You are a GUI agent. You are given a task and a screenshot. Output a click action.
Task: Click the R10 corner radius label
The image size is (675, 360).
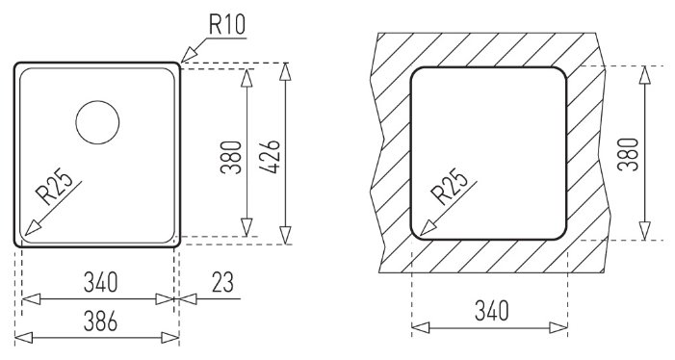[x=227, y=24]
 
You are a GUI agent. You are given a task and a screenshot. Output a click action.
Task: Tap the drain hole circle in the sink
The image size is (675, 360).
[x=97, y=101]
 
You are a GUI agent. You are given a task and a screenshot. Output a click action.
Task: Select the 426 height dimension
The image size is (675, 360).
[x=270, y=156]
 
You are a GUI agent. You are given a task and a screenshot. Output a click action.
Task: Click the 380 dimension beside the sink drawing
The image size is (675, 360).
[x=231, y=157]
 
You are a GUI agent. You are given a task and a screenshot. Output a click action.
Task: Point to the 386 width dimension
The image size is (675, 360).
[x=100, y=321]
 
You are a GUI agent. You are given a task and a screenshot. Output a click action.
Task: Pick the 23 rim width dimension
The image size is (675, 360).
[x=222, y=282]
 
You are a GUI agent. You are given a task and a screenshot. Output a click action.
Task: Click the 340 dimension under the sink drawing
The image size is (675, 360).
[x=100, y=282]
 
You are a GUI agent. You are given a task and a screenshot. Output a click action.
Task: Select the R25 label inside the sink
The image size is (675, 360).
[x=54, y=188]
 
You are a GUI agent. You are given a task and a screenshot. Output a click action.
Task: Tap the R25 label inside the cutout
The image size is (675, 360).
[x=451, y=186]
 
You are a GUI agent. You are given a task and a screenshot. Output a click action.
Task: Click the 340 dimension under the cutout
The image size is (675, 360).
[x=492, y=311]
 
